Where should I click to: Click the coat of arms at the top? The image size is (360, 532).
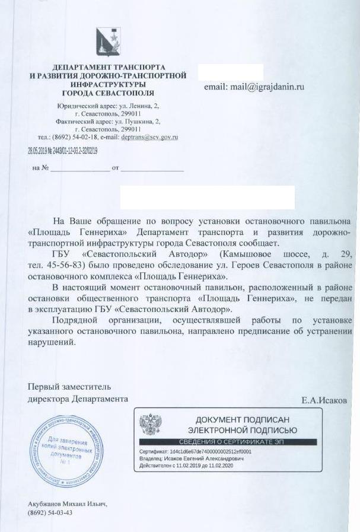point(108,42)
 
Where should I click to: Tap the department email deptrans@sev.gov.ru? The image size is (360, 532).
point(149,137)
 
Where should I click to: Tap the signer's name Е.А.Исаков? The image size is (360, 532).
point(324,400)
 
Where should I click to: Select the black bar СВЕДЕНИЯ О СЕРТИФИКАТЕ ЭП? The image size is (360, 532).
point(228,442)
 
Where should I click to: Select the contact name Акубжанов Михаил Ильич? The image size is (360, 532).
point(67,504)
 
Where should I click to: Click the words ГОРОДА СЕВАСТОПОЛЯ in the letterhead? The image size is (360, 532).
point(108,94)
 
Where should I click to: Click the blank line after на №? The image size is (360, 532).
point(79,168)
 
